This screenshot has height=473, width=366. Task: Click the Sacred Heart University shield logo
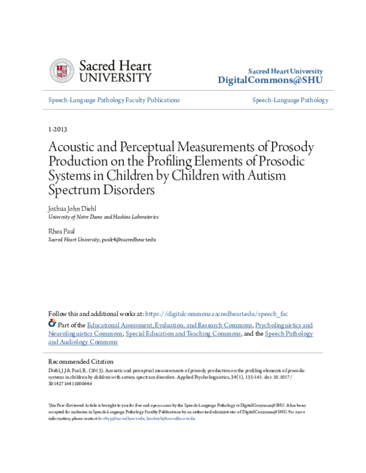tap(61, 71)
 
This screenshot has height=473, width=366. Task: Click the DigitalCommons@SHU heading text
tap(270, 80)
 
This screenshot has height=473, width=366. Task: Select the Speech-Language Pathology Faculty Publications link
tap(114, 100)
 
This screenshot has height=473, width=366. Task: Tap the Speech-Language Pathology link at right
tap(290, 100)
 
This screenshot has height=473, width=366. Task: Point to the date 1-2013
tap(57, 130)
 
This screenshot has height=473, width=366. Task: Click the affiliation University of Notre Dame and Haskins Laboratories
tap(103, 216)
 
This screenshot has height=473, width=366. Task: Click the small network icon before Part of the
tap(52, 324)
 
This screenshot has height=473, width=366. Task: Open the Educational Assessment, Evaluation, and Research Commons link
tap(170, 325)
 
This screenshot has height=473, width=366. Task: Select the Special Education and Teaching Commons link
tap(183, 334)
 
